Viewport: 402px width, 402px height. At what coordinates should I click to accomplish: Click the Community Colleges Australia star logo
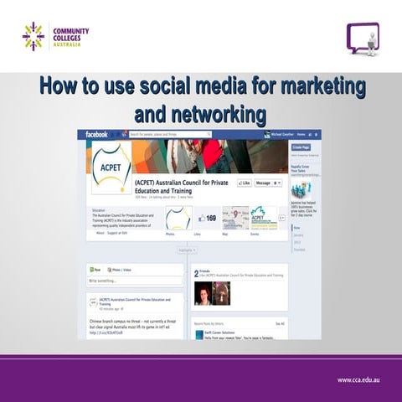33,36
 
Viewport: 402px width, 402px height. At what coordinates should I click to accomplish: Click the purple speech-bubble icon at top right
363,38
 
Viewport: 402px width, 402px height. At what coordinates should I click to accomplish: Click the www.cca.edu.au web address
361,379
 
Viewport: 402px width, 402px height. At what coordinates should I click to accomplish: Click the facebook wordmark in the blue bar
97,134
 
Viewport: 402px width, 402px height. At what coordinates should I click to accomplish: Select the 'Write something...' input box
134,281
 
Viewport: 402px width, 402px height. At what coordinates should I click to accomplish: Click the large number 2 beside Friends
196,272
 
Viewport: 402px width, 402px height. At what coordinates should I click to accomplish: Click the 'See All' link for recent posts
280,322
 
